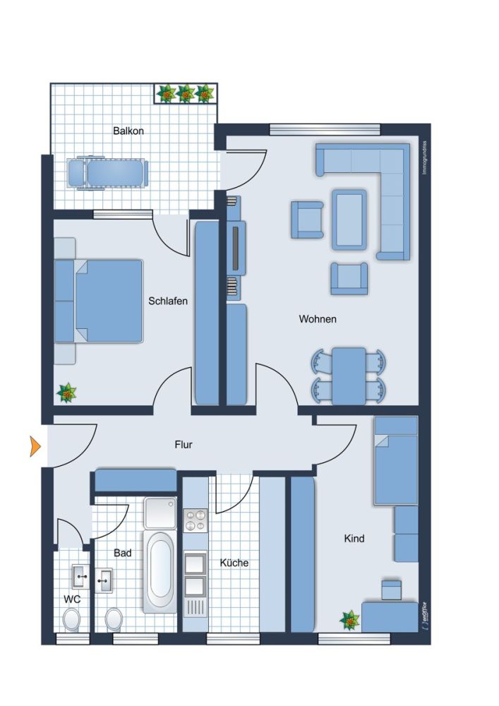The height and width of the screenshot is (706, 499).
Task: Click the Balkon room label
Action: pyautogui.click(x=128, y=131)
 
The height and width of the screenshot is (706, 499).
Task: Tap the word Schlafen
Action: pyautogui.click(x=168, y=301)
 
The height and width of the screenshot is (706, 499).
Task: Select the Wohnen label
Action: pyautogui.click(x=318, y=319)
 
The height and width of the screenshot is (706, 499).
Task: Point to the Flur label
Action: pyautogui.click(x=184, y=445)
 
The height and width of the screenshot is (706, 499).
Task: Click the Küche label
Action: pyautogui.click(x=234, y=563)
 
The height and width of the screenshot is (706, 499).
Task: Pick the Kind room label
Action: pyautogui.click(x=354, y=539)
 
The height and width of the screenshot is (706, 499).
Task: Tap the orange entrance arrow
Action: pyautogui.click(x=35, y=446)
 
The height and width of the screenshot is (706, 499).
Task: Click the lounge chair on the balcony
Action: pyautogui.click(x=107, y=172)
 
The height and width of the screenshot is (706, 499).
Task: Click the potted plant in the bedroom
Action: pyautogui.click(x=66, y=393)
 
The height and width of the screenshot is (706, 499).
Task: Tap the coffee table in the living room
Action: pyautogui.click(x=350, y=218)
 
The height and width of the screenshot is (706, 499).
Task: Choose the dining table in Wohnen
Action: pyautogui.click(x=349, y=376)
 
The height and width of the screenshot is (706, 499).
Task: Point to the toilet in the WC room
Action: pyautogui.click(x=71, y=621)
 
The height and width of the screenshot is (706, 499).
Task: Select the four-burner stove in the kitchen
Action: pyautogui.click(x=195, y=520)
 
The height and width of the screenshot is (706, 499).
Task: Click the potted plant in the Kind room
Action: pyautogui.click(x=349, y=621)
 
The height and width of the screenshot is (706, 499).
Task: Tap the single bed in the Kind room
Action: pyautogui.click(x=395, y=460)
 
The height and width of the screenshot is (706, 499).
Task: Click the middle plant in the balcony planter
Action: pyautogui.click(x=186, y=93)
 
